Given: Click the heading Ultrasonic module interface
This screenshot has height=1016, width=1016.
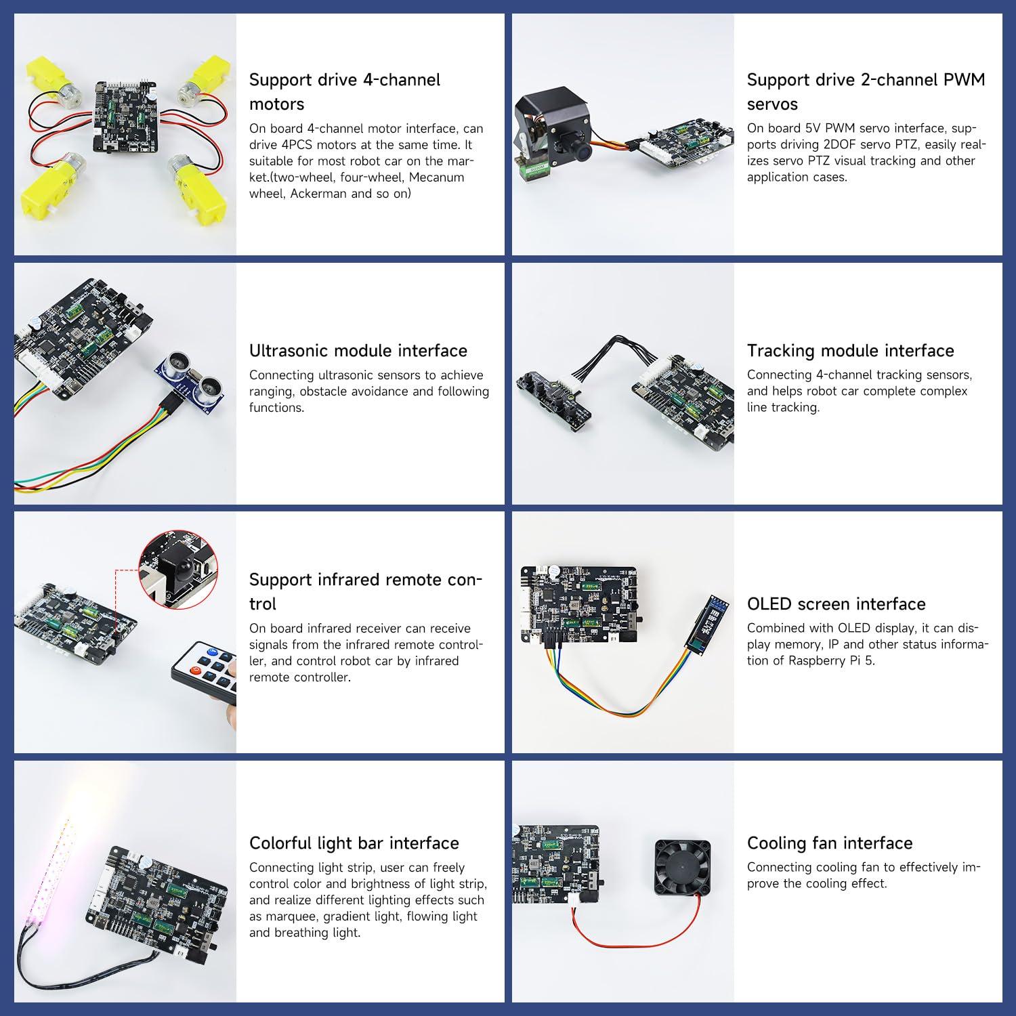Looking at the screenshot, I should click(x=358, y=350).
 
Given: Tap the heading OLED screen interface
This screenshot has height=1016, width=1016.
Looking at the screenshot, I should click(x=836, y=604).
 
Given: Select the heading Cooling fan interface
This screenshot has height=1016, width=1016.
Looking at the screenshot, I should click(x=829, y=843).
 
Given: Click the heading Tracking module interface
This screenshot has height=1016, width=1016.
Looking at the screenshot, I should click(x=850, y=350).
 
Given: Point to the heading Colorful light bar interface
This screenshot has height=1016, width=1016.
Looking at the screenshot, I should click(x=354, y=843).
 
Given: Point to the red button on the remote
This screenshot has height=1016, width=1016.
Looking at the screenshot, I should click(x=197, y=671).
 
